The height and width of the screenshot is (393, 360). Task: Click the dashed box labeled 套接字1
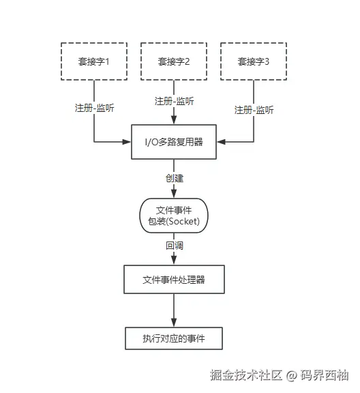coord(94,61)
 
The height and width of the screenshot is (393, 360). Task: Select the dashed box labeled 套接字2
coord(174,61)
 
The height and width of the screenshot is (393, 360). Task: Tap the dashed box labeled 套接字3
coord(254,61)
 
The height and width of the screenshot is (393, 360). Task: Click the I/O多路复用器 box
coord(174,143)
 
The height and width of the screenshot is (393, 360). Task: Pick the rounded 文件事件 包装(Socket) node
coord(174,216)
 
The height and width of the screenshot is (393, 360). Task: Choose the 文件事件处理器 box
coord(174,280)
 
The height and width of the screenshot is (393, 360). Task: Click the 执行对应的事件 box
coord(174,338)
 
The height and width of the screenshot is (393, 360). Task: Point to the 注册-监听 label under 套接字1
coord(94,108)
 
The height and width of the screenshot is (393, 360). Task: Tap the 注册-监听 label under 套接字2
coord(174,101)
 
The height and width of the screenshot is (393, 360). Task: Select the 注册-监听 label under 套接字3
coord(254,110)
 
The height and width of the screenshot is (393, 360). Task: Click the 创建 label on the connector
coord(174,177)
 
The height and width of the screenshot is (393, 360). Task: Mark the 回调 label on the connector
coord(174,245)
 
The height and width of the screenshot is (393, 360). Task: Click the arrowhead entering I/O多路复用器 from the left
coord(126,143)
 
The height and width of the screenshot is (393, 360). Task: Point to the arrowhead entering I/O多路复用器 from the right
coord(222,143)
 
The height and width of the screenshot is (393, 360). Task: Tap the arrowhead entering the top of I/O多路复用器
coord(174,121)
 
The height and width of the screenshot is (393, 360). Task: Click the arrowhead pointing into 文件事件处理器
coord(174,261)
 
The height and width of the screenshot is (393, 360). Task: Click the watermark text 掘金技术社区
coord(246,375)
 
